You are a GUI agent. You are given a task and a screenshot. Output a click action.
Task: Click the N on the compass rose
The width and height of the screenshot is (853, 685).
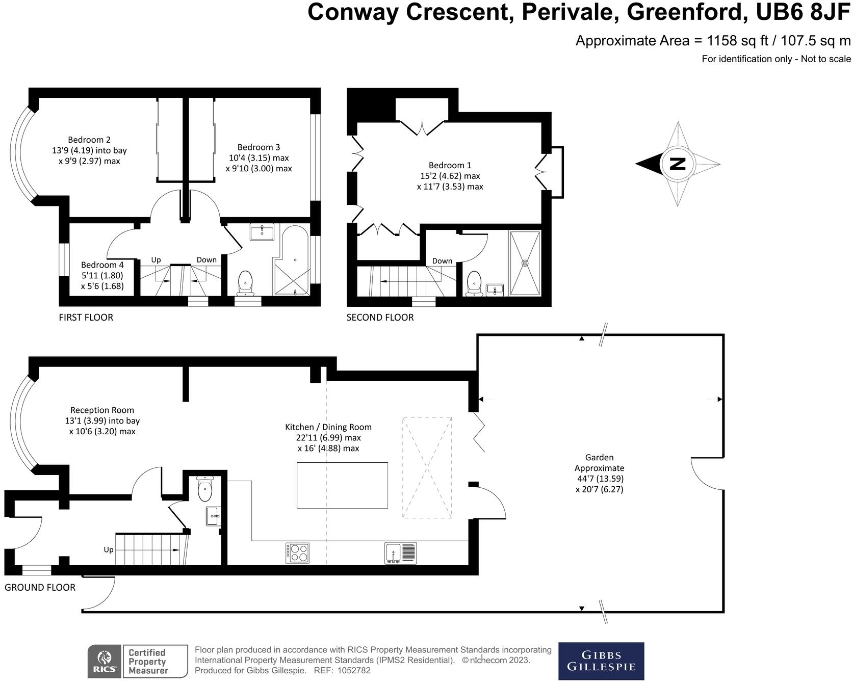[x=678, y=164]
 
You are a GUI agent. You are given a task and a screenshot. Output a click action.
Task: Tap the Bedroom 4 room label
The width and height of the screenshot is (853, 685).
[x=102, y=265]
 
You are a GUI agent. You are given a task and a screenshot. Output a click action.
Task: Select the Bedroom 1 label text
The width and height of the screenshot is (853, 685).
[x=450, y=165]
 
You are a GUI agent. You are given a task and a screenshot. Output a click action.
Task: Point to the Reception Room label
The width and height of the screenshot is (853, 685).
[x=102, y=410]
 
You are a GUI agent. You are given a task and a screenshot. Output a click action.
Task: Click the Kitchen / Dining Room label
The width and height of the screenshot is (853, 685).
[x=328, y=427]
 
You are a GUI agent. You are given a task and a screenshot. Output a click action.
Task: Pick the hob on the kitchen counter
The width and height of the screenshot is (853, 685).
[x=298, y=553]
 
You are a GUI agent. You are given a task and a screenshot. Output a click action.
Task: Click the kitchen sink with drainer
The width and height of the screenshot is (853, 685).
[x=400, y=554]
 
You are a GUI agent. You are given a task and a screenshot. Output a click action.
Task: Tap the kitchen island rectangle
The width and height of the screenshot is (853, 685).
[x=342, y=485]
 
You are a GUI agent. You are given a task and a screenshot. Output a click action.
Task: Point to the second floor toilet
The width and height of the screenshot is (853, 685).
[x=474, y=283]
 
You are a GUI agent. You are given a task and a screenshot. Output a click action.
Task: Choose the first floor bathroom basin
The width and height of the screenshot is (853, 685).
[x=262, y=231]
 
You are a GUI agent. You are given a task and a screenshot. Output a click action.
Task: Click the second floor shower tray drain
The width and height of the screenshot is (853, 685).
[x=525, y=263]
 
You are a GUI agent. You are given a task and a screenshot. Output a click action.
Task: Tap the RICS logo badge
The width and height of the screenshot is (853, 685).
[x=105, y=662]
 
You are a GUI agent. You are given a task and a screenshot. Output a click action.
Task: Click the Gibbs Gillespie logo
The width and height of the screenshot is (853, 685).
[x=601, y=661]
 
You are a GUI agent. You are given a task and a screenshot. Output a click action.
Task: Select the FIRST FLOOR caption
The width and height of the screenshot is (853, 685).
[x=86, y=317]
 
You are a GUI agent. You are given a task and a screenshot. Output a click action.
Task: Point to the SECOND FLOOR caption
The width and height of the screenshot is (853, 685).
[x=380, y=317]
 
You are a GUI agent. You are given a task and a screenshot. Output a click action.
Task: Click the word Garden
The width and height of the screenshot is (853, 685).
[x=599, y=457]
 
